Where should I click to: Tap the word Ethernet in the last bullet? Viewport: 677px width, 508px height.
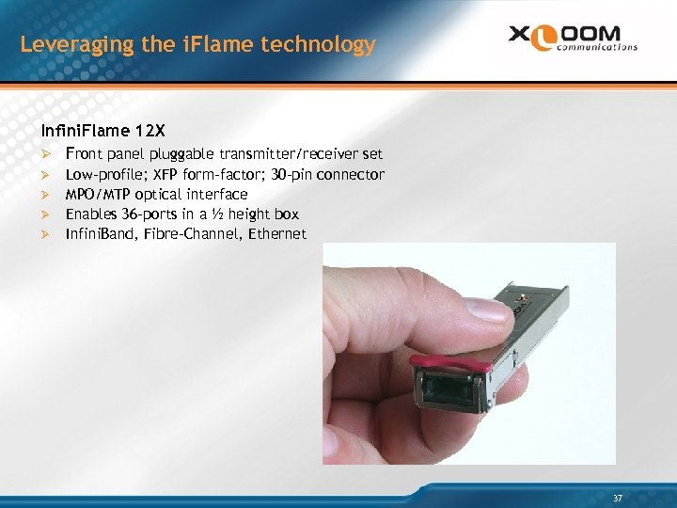tap(277, 233)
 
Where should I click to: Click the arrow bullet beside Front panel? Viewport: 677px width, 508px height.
tap(46, 153)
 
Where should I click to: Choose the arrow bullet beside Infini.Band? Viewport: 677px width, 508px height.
tap(46, 233)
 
